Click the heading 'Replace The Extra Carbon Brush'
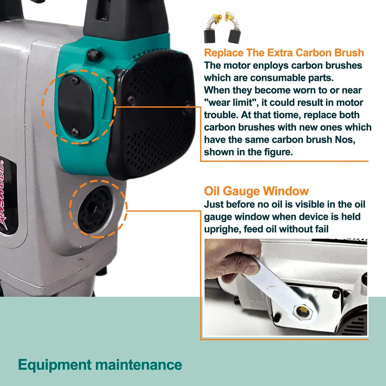click(284, 53)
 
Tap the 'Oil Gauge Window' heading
click(256, 191)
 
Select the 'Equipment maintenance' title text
click(100, 365)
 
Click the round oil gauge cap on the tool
click(95, 209)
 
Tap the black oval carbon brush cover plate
click(75, 106)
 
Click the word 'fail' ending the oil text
click(320, 229)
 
